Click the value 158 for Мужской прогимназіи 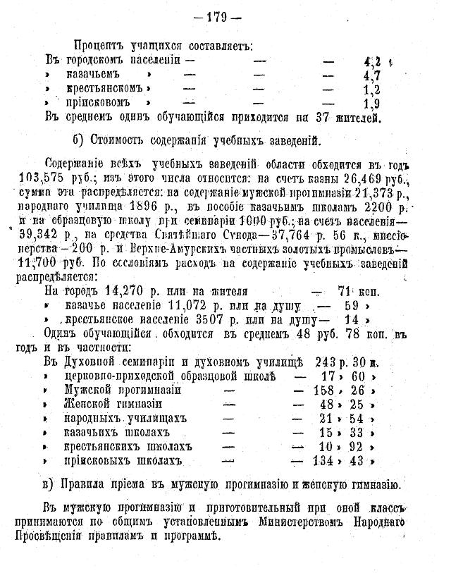(328, 390)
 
